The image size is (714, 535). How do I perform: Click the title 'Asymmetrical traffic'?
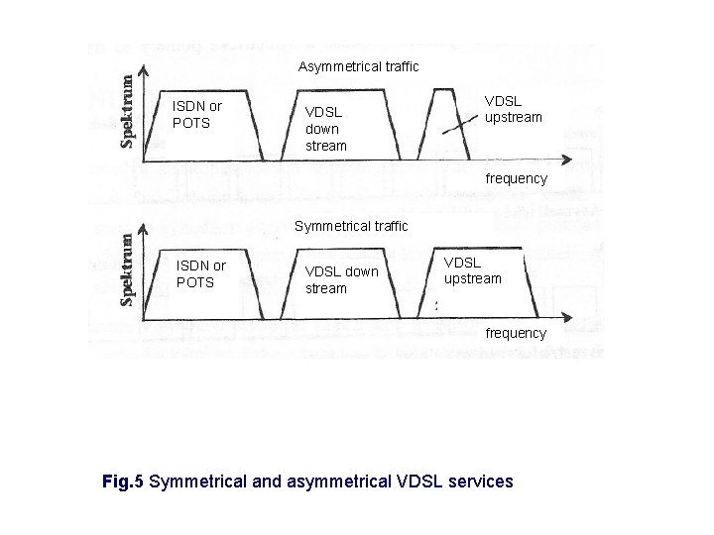[x=358, y=66]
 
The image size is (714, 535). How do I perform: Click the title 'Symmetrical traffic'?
[x=352, y=226]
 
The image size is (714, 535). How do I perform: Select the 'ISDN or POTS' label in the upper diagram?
[x=197, y=114]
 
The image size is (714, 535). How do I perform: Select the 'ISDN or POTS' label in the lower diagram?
[x=200, y=273]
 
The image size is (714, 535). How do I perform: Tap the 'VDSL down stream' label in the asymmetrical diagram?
[x=326, y=129]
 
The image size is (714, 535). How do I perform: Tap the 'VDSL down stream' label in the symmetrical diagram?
[x=341, y=279]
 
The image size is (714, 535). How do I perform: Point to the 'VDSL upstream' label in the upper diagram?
[x=513, y=109]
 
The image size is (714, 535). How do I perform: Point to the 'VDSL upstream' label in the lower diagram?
[x=472, y=270]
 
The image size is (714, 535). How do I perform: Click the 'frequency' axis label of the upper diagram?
[x=515, y=178]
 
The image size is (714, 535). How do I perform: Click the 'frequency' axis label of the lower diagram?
[x=515, y=333]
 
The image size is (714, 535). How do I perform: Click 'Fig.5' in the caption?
[x=124, y=481]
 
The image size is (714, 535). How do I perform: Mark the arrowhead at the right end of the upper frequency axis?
[x=571, y=160]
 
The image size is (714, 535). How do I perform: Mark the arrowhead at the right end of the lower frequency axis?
[x=571, y=318]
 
